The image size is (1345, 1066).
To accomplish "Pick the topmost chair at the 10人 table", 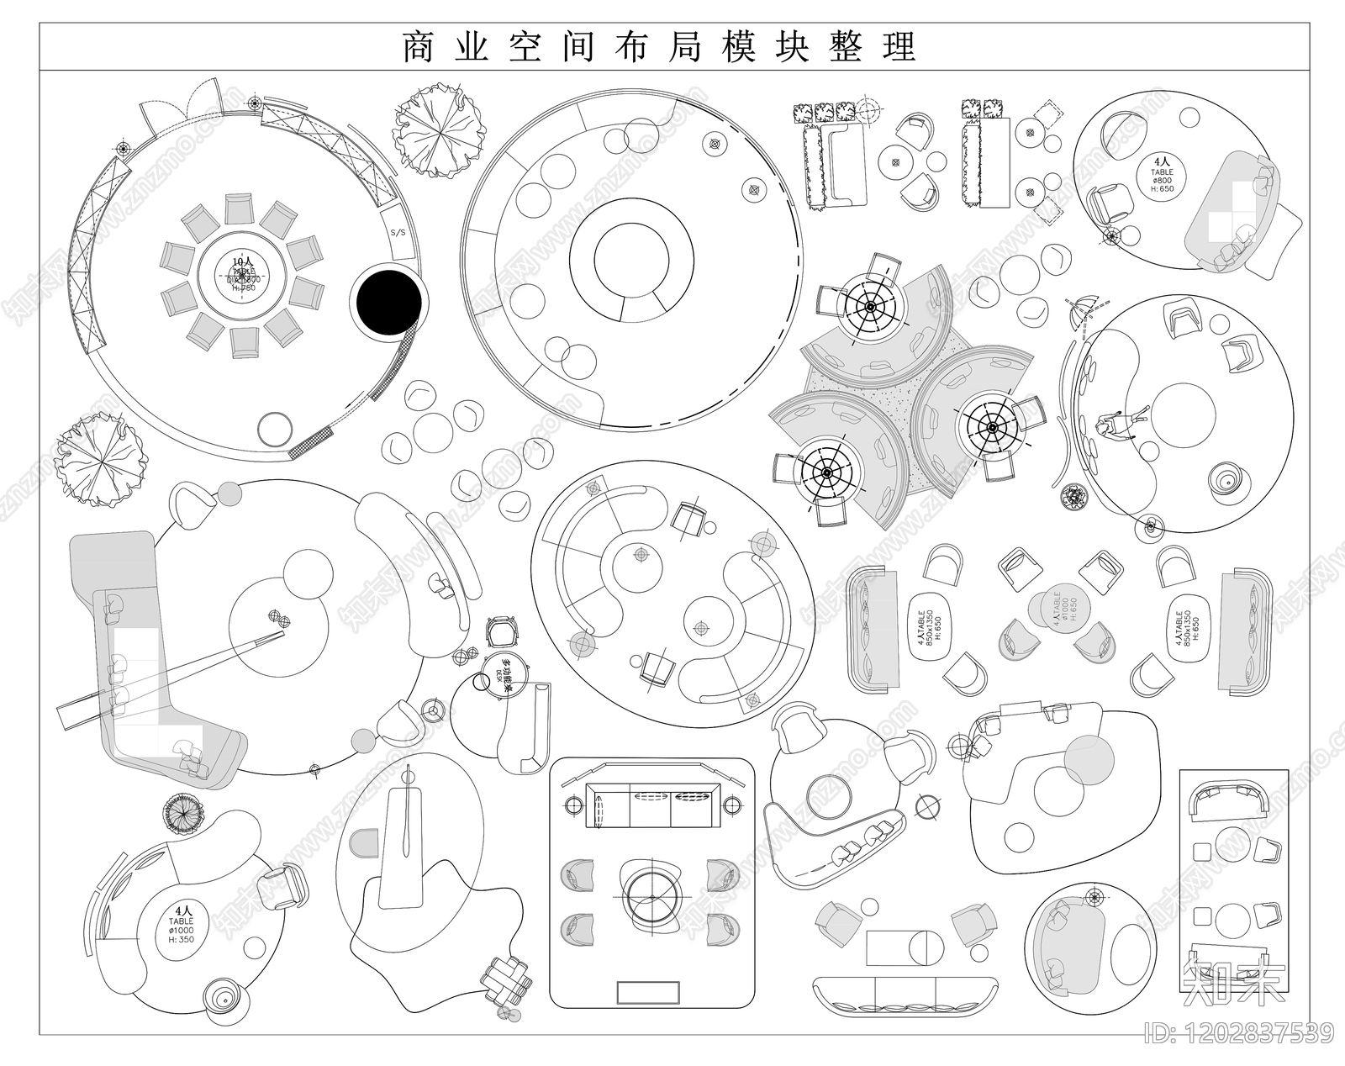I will (x=239, y=208).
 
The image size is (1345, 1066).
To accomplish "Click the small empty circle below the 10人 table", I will (x=275, y=429).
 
